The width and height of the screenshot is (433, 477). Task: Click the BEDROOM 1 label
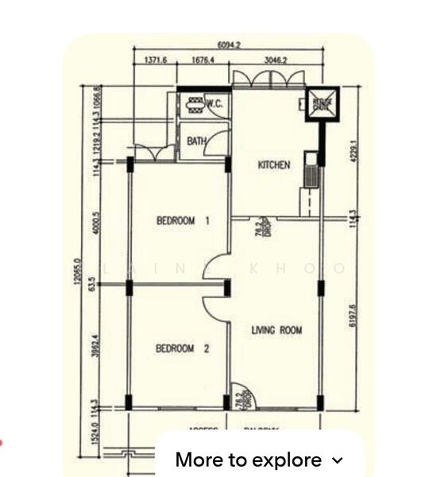[183, 221]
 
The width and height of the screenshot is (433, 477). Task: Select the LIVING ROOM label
[276, 330]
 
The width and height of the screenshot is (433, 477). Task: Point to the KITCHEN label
[274, 165]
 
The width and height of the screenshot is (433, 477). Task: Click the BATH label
[196, 142]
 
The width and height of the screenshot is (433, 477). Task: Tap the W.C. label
[214, 103]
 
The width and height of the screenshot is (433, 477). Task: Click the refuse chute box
[322, 103]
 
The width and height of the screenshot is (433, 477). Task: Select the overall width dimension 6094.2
[228, 45]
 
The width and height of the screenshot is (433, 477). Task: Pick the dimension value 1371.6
[156, 60]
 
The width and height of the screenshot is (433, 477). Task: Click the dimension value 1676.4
[203, 60]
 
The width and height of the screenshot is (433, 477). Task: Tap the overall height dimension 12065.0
[78, 274]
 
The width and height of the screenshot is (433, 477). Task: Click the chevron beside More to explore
[337, 460]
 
